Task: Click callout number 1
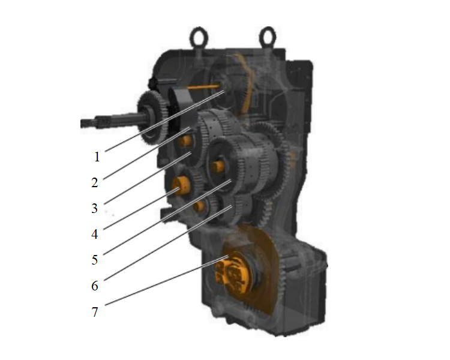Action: (x=97, y=157)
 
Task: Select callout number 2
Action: (x=95, y=182)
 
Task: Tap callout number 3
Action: (x=94, y=208)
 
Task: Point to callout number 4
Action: (x=95, y=234)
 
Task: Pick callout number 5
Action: (x=95, y=260)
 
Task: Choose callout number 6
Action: (x=95, y=286)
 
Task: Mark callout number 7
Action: (x=95, y=312)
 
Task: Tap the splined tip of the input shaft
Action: (x=88, y=123)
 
